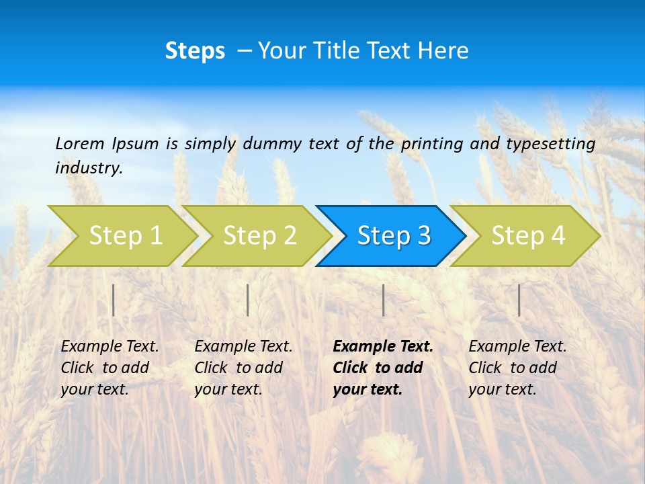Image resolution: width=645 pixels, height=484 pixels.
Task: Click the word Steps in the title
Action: pos(195,51)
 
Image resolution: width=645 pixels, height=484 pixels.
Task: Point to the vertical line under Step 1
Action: pos(114,300)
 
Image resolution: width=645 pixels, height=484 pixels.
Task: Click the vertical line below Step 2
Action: pos(248,300)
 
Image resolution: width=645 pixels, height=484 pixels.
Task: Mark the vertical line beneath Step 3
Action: pos(383,300)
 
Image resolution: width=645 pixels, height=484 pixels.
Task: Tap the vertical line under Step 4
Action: pos(519,300)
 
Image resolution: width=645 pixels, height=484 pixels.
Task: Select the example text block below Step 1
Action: pos(110,368)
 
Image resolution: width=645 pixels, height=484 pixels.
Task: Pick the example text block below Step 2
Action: pos(243,368)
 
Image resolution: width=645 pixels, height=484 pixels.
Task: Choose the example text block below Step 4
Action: pos(517,368)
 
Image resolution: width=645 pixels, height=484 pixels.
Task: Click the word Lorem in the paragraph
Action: pos(79,143)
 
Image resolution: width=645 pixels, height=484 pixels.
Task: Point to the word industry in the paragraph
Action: pos(88,167)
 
